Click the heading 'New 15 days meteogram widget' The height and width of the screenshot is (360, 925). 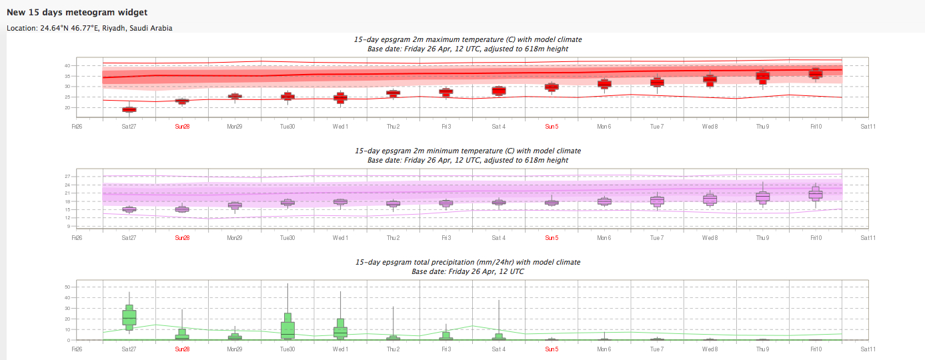click(77, 13)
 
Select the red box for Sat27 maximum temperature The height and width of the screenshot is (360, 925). click(129, 109)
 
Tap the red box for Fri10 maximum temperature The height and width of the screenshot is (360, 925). click(815, 73)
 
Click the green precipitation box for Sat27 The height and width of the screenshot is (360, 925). click(129, 317)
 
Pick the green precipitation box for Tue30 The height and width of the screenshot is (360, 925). click(287, 327)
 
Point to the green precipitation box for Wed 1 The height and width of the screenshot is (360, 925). click(340, 331)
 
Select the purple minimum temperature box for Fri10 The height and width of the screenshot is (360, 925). click(815, 193)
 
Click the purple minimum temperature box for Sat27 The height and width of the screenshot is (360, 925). click(129, 209)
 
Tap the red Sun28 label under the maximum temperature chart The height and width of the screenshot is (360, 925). click(182, 125)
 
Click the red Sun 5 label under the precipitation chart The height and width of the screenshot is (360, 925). click(552, 349)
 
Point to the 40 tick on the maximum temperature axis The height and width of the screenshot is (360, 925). click(67, 65)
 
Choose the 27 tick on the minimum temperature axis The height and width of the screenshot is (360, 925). click(67, 176)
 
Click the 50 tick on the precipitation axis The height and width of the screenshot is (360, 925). click(67, 287)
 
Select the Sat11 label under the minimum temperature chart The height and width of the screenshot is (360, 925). click(868, 237)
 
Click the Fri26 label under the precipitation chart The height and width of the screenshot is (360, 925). click(77, 349)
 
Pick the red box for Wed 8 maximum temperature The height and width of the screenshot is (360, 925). click(710, 80)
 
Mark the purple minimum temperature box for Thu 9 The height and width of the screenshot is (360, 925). click(762, 197)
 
